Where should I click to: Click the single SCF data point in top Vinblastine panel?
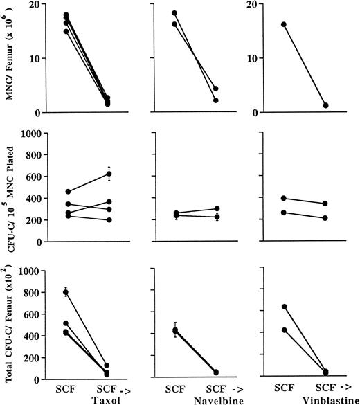(283, 25)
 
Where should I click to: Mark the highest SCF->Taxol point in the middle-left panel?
(109, 174)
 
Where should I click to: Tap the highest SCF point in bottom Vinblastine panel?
(283, 307)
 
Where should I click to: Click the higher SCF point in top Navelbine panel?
(174, 13)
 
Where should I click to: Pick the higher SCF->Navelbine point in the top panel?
(216, 89)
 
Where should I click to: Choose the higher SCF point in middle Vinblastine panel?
(283, 198)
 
